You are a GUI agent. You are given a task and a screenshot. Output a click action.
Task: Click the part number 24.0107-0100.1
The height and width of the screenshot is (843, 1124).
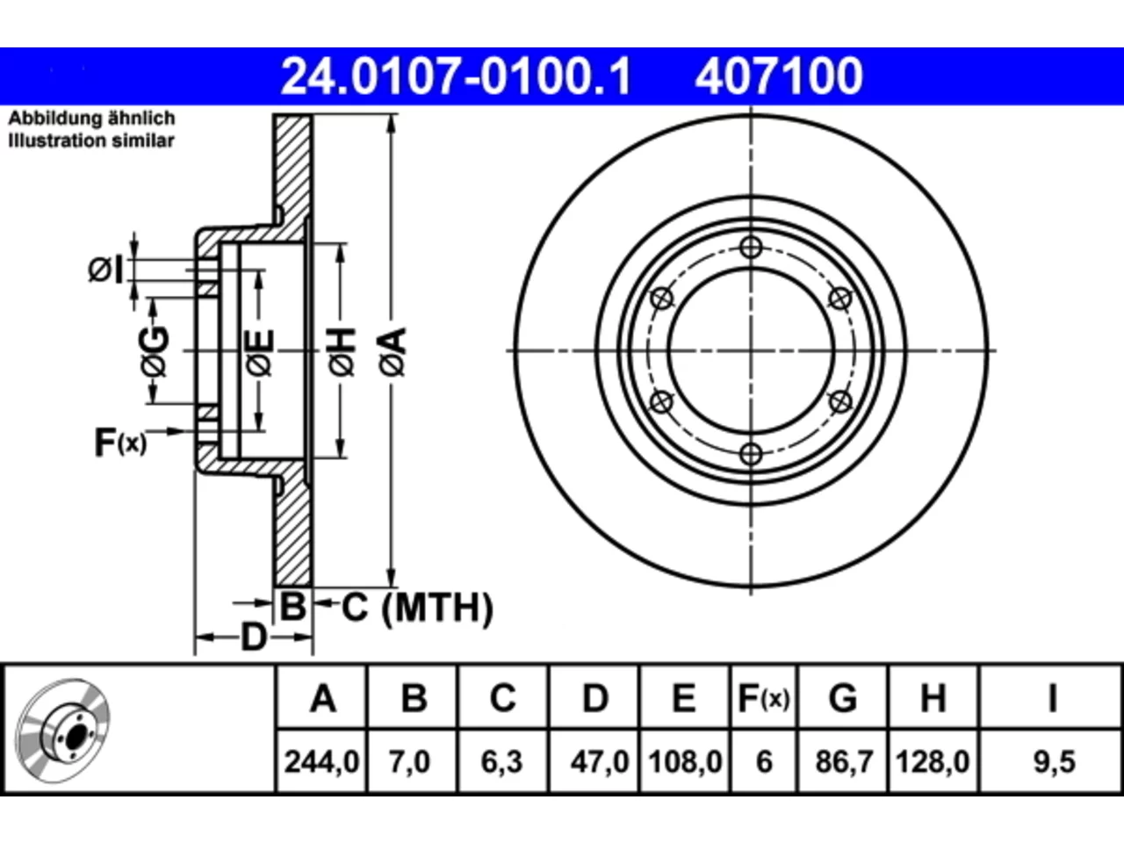coord(456,76)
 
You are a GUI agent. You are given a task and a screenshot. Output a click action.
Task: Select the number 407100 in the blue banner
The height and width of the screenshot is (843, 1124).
coord(779,76)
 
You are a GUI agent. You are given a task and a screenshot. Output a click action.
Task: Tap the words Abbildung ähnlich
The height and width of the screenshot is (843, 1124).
coord(91,119)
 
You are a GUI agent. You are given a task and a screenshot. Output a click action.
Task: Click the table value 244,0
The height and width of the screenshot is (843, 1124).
coord(321,762)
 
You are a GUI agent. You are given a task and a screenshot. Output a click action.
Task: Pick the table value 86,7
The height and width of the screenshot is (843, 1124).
coord(843,762)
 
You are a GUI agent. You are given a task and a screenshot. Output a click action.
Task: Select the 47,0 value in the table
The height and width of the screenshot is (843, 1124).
coord(599,762)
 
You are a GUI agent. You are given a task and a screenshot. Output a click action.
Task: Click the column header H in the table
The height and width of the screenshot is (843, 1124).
coord(933,698)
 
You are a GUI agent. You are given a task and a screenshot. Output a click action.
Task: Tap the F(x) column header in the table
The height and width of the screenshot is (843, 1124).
coord(764,698)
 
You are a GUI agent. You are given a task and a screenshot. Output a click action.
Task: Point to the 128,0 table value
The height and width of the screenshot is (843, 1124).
coord(933,762)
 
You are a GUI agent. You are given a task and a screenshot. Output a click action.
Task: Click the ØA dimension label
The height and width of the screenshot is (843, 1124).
coord(393,352)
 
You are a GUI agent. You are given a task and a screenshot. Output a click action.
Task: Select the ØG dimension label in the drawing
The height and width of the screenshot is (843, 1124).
coord(155,351)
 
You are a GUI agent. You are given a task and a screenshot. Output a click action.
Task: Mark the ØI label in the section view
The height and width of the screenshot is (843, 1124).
coord(105,270)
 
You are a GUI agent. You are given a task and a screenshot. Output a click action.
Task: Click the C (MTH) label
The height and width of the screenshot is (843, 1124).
coord(417,608)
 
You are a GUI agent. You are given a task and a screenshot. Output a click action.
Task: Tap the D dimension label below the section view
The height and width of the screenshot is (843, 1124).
coord(254,638)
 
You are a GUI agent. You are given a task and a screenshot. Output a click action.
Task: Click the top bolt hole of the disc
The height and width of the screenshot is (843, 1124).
coord(751,248)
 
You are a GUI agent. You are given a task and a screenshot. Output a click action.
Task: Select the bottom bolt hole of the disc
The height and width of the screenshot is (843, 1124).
coord(751,453)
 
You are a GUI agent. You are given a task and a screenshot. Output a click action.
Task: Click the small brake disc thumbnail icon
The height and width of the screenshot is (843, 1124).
coord(62,731)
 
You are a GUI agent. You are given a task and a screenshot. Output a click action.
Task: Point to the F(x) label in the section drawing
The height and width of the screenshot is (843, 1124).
coord(121,443)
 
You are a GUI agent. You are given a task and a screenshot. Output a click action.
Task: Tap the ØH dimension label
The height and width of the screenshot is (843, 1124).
coord(342,352)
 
